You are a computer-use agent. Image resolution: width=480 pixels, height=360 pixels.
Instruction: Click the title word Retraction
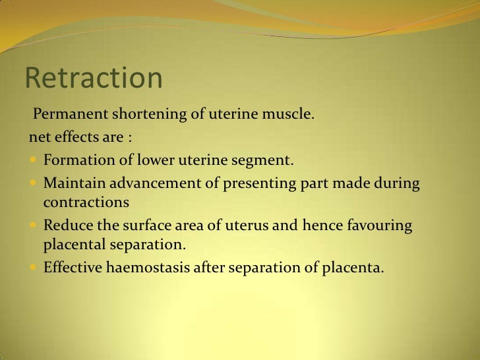pyautogui.click(x=93, y=78)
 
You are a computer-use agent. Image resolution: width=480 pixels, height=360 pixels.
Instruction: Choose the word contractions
pyautogui.click(x=86, y=201)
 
